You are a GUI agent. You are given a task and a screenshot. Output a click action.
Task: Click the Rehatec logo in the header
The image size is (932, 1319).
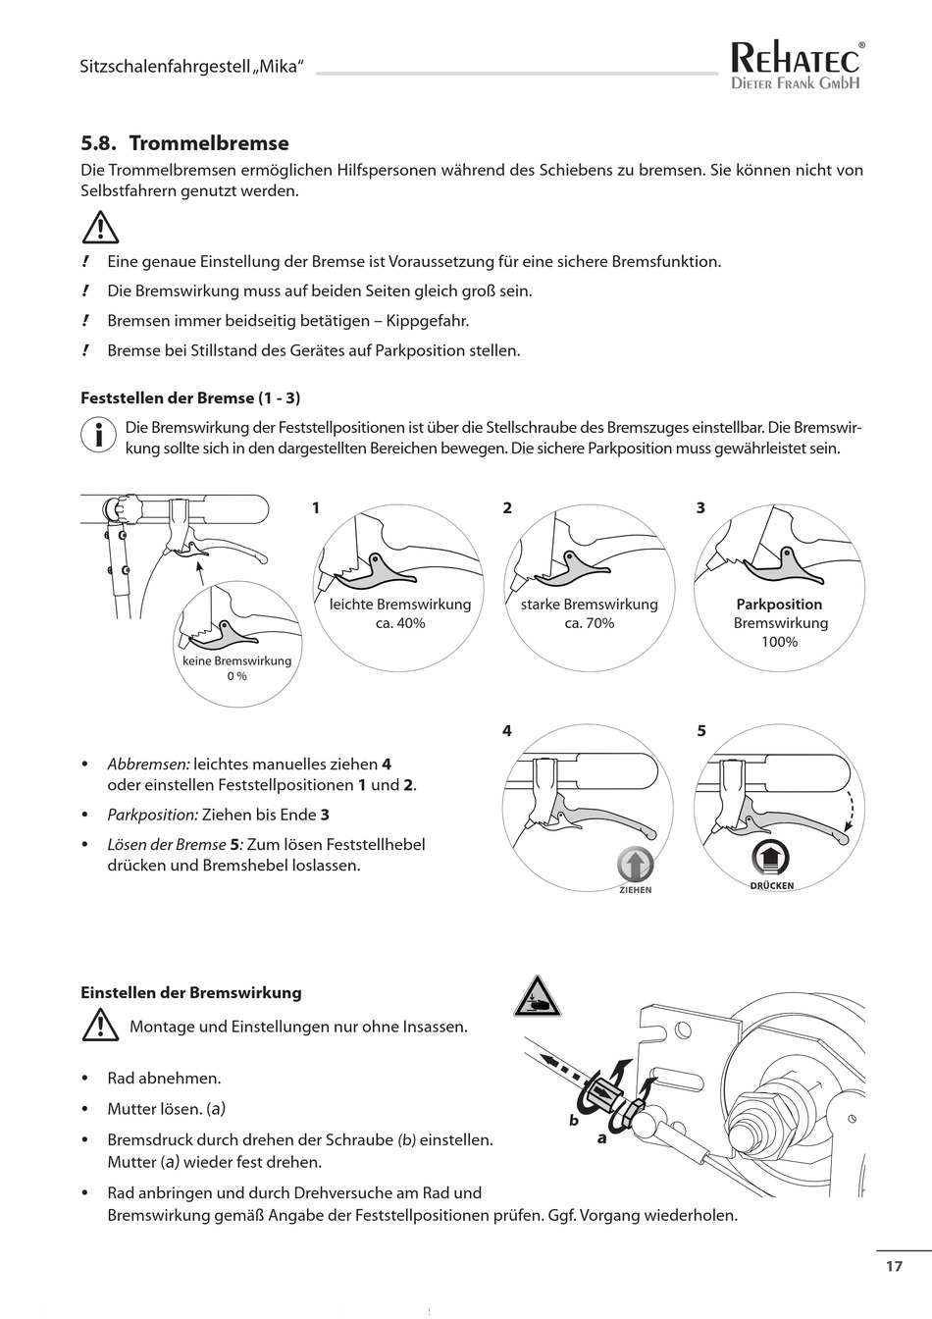click(x=797, y=67)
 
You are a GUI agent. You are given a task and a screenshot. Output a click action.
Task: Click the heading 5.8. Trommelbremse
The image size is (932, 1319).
click(x=184, y=143)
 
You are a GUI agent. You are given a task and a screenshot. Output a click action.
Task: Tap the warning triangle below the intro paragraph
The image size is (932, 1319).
click(x=100, y=229)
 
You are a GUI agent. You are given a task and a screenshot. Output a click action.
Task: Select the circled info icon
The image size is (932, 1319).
click(x=98, y=435)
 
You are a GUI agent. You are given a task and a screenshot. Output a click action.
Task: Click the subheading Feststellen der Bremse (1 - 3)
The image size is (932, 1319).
click(x=190, y=398)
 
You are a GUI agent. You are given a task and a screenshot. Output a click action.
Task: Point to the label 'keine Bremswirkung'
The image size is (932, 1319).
click(x=236, y=660)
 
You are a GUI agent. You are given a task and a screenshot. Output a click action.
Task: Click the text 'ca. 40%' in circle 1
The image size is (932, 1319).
click(x=400, y=623)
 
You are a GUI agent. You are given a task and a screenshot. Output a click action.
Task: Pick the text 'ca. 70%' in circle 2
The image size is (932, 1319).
click(x=589, y=623)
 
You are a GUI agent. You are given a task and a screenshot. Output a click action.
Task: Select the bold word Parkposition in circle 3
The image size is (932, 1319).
click(x=779, y=605)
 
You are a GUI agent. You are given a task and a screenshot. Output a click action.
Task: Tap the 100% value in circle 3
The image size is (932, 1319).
click(x=779, y=642)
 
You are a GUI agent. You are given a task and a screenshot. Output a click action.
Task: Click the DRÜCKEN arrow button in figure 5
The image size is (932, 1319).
click(x=771, y=858)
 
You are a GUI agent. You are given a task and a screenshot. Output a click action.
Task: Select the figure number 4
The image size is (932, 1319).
click(x=506, y=731)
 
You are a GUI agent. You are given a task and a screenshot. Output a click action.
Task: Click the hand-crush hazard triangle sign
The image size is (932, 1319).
click(x=538, y=998)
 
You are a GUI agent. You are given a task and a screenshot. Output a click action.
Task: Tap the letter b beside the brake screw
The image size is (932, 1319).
click(x=574, y=1120)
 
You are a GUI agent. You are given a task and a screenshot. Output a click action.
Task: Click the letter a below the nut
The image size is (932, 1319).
click(x=602, y=1139)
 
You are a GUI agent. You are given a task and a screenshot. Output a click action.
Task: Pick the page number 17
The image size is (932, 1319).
click(x=893, y=1266)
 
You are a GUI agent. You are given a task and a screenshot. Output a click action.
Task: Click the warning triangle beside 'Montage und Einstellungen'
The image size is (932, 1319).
click(x=100, y=1027)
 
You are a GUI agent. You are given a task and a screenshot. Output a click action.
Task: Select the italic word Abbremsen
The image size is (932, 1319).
click(x=148, y=764)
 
